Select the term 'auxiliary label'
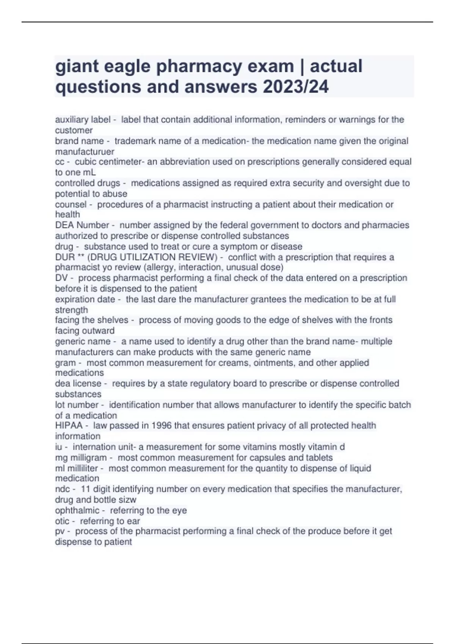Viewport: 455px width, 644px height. tap(83, 120)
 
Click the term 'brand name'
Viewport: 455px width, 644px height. tap(79, 141)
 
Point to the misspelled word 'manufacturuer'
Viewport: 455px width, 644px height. tap(85, 152)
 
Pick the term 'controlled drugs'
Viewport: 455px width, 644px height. tap(88, 183)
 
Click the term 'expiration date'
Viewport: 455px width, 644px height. tap(85, 299)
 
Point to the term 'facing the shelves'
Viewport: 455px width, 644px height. tap(91, 320)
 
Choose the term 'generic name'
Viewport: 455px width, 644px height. tap(83, 341)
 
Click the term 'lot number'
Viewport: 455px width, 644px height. tap(77, 405)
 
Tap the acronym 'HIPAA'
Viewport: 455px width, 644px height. tap(69, 425)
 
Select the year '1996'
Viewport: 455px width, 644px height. tap(162, 425)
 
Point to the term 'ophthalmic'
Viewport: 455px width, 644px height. tap(77, 510)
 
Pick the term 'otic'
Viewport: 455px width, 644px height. tap(62, 521)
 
